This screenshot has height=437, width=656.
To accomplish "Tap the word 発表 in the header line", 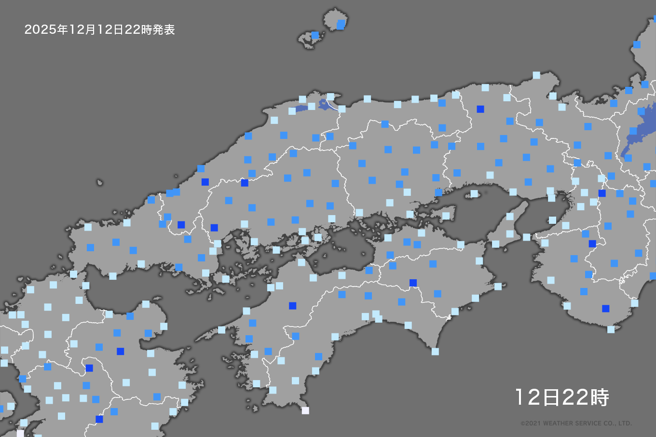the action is point(164,30).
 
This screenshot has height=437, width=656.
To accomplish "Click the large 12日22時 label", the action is point(562,397).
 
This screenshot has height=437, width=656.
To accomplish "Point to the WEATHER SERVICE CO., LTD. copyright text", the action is point(576,423).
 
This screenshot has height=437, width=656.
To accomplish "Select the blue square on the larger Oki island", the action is point(341,25).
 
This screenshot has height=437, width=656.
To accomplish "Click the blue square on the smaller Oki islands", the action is point(315,35).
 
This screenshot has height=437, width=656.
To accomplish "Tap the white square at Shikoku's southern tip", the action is point(305,410).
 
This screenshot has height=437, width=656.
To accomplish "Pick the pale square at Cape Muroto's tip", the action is point(435,352).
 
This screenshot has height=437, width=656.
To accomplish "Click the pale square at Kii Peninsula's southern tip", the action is point(611,329).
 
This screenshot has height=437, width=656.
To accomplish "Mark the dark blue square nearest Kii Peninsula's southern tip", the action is point(606,309).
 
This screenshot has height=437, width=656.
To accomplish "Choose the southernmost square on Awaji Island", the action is point(495,244).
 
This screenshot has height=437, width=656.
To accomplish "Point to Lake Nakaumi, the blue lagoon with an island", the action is point(324,104).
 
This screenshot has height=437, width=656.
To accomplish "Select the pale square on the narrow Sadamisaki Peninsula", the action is point(221,330).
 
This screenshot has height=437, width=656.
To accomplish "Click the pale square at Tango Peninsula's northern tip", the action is point(536,75).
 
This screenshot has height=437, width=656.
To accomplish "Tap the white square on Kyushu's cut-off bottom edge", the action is point(20,433).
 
